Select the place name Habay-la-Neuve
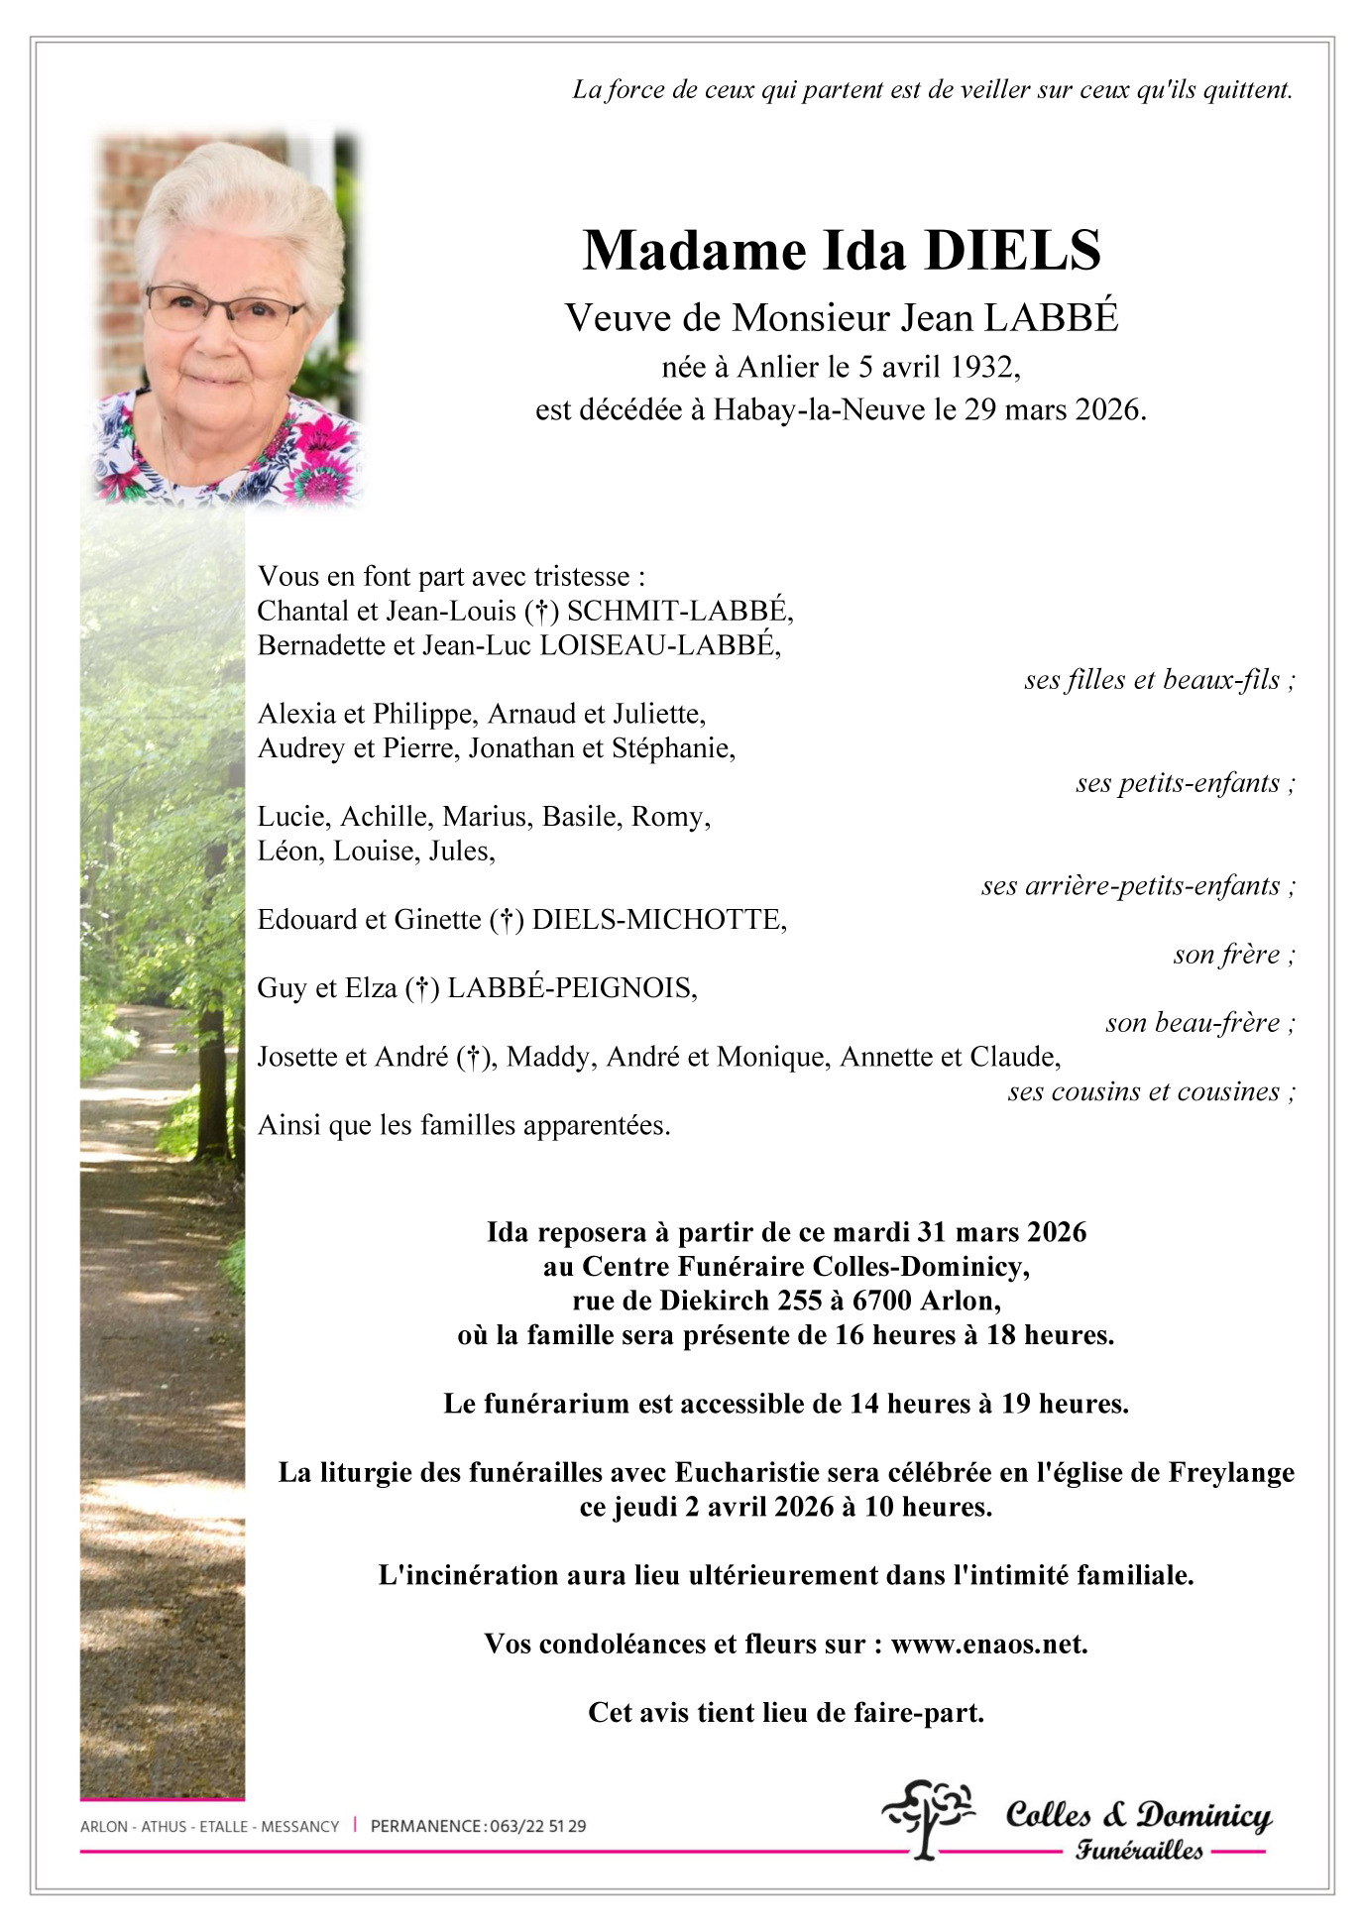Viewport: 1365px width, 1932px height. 819,409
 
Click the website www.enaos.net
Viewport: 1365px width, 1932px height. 988,1644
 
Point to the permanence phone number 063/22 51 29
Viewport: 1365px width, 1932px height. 537,1826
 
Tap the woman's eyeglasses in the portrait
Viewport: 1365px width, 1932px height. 225,308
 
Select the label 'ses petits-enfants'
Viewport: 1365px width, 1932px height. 1178,783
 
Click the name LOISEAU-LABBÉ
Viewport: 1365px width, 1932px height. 658,645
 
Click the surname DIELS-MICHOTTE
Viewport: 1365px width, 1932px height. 658,920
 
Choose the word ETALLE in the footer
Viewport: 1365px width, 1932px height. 223,1826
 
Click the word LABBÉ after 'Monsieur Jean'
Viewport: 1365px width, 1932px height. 1051,317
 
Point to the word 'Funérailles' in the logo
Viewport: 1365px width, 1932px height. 1139,1851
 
